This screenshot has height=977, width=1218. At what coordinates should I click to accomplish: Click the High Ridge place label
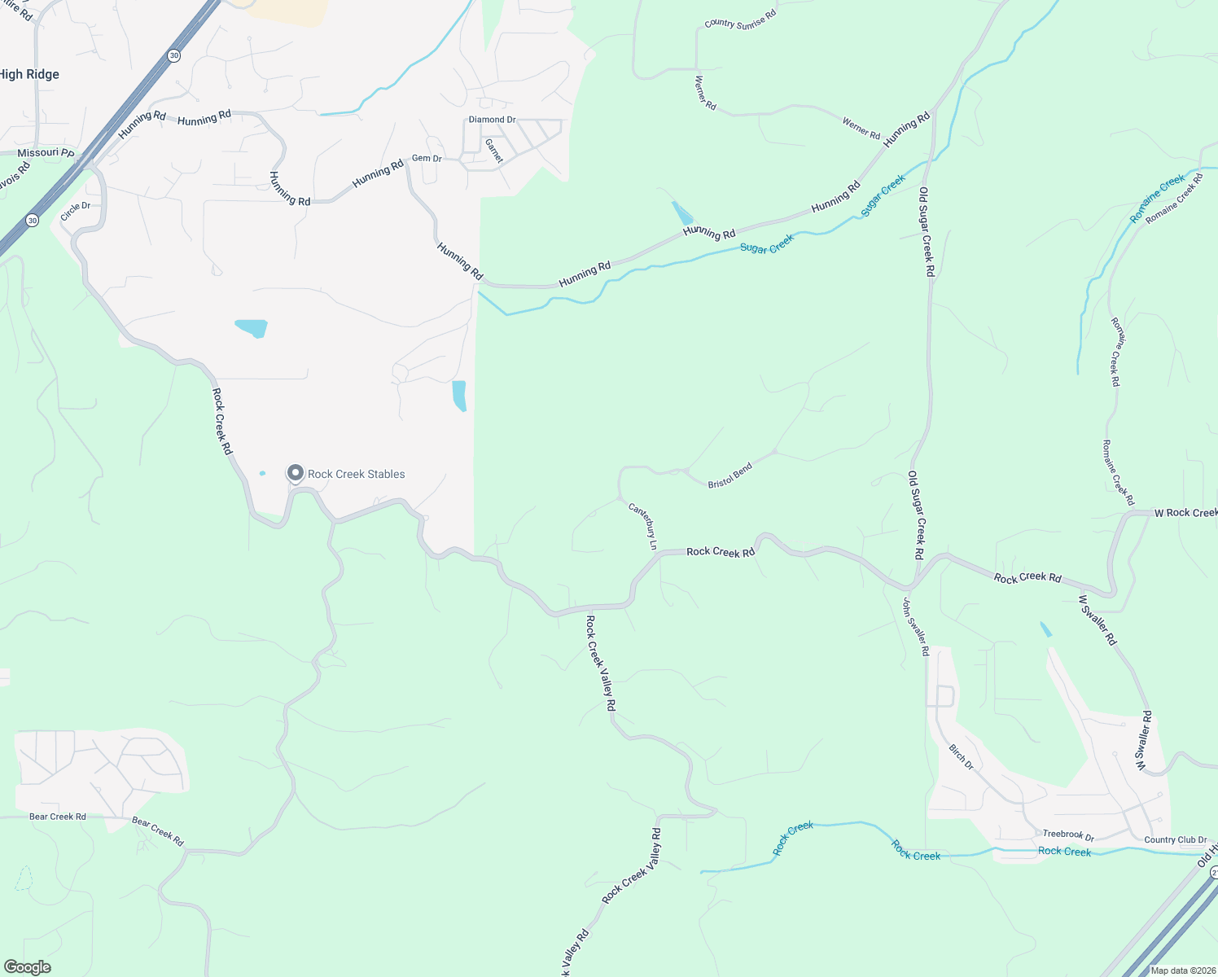click(29, 74)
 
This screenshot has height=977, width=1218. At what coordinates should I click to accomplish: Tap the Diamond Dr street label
click(492, 120)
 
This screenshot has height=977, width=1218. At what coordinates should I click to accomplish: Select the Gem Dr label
click(427, 158)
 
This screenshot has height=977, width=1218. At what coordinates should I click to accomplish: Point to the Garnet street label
click(494, 151)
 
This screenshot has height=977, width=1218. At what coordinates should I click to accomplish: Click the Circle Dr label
click(76, 210)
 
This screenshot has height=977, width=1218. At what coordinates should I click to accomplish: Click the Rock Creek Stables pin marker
click(295, 473)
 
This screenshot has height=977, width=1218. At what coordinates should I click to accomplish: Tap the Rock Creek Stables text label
click(356, 474)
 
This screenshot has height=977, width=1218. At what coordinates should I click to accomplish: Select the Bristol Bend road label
click(730, 475)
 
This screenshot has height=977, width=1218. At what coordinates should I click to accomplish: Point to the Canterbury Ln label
click(643, 526)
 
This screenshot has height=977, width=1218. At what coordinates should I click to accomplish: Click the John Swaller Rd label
click(915, 626)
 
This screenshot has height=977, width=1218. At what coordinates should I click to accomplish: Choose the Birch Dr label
click(961, 756)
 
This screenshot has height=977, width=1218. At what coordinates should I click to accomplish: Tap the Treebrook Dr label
click(1068, 835)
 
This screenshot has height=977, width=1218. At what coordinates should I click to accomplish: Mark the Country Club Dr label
click(1175, 839)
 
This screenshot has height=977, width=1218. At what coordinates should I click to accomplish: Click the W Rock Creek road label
click(1185, 513)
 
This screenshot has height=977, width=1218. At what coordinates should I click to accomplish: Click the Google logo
click(27, 967)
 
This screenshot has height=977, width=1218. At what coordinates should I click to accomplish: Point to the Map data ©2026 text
click(1181, 970)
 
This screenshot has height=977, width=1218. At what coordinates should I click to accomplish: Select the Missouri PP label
click(46, 153)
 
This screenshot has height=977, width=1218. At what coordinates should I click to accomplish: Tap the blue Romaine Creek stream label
click(1157, 198)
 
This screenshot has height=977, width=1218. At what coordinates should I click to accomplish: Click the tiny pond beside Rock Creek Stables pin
click(262, 473)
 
